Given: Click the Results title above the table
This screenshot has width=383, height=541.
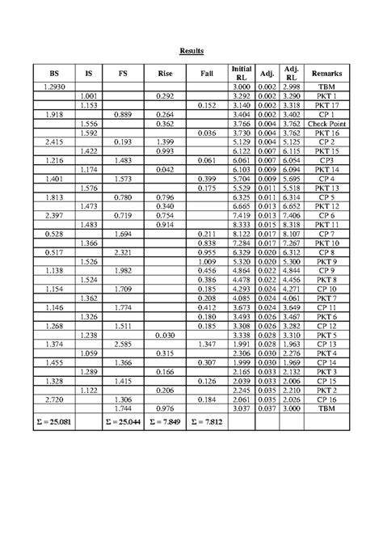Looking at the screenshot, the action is tap(191, 51).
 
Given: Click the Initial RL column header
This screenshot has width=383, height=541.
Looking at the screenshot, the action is tap(242, 71).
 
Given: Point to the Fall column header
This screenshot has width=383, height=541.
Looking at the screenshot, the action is tap(205, 71).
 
